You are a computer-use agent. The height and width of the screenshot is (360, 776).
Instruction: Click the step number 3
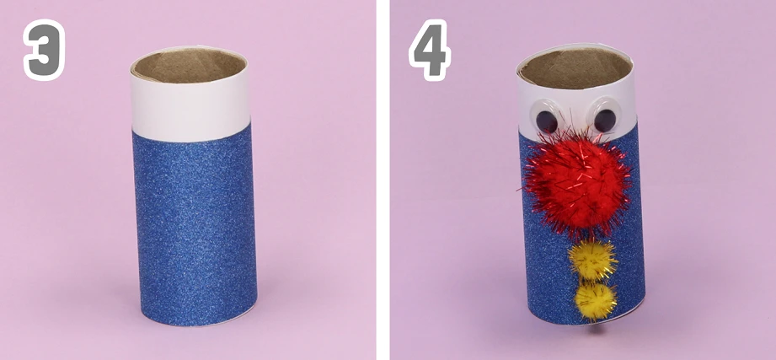(44, 50)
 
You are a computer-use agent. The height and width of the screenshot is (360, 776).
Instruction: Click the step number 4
(429, 50)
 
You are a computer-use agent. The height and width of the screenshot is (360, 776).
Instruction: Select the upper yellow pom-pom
(592, 260)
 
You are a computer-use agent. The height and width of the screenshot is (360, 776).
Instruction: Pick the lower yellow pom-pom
(596, 300)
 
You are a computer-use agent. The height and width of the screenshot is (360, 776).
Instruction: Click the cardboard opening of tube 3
(190, 65)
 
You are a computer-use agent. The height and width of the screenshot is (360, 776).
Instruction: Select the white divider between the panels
(383, 180)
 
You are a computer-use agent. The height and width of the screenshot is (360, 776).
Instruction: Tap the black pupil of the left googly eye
(547, 121)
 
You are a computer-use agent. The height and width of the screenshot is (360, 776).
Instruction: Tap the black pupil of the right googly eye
(605, 121)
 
